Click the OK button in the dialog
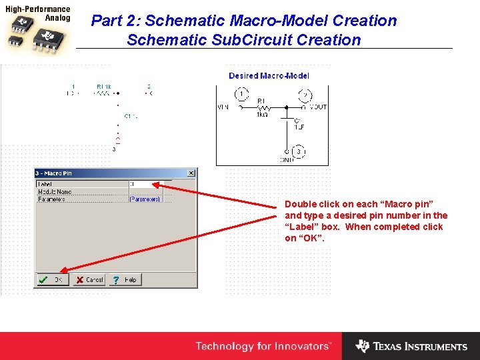tap(51, 280)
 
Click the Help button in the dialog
tap(125, 280)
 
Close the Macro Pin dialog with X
tap(191, 173)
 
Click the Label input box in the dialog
tap(150, 184)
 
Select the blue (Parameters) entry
tap(145, 199)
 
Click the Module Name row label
tap(55, 192)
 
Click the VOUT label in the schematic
tap(318, 107)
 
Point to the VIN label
tap(223, 107)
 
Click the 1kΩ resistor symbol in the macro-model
tap(263, 107)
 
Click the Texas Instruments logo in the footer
tap(411, 347)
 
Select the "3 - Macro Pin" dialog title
tap(54, 173)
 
